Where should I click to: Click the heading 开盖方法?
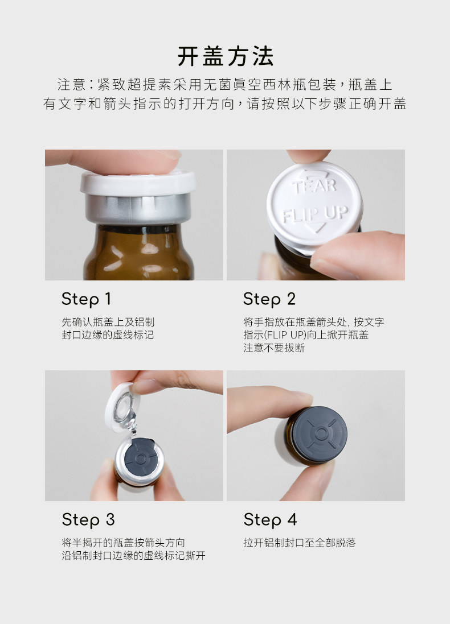point(225,56)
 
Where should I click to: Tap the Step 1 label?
point(86,299)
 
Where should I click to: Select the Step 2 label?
point(269,299)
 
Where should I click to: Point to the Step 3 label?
point(88,520)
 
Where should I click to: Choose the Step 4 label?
point(270,520)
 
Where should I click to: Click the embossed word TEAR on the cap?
point(314,185)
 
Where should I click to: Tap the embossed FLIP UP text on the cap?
point(315,214)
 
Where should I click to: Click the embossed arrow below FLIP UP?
point(315,228)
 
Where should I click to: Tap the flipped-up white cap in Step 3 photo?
point(120,406)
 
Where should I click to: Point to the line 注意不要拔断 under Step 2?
point(274,348)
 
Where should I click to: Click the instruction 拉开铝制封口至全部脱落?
point(300,543)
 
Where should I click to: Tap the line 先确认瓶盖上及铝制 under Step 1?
point(108,322)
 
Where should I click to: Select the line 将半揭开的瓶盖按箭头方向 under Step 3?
point(123,543)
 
